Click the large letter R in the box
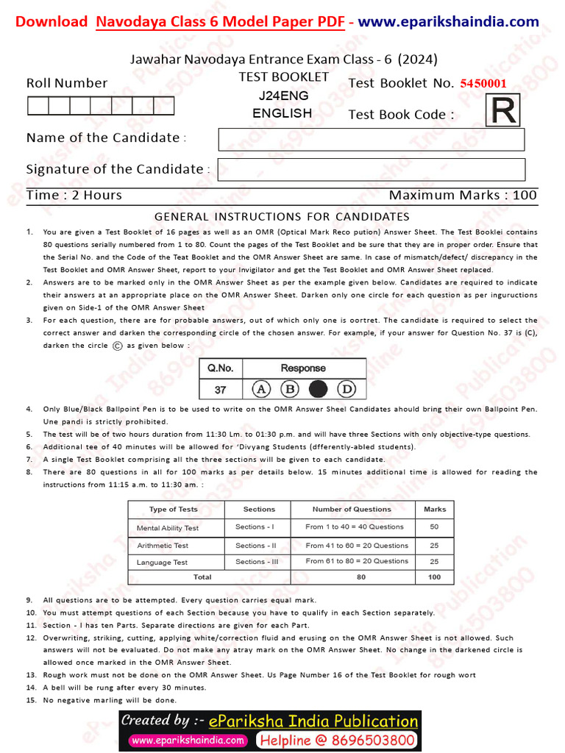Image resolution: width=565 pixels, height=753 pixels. pos(503,113)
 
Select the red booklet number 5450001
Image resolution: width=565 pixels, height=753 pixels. pos(483,83)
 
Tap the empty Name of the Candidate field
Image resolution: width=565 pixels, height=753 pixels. pos(371,139)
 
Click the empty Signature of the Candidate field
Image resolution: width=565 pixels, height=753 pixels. pos(371,169)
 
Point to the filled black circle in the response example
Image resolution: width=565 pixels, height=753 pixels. pos(319,388)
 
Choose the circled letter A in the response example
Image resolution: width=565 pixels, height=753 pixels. pos(261,388)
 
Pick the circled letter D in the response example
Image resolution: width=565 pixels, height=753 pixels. pos(347,388)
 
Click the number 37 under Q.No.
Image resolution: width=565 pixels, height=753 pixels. pos(220,388)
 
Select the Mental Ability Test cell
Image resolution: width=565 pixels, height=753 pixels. pos(168,528)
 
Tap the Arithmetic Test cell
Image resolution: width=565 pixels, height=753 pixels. pos(163,546)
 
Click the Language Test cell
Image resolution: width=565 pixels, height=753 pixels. pos(162,563)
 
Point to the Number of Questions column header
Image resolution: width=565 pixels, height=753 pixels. pos(352,509)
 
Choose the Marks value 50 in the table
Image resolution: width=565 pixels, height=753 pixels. pos(434,527)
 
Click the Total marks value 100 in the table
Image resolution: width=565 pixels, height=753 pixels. pos(434,577)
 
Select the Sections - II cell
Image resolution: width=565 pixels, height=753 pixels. pos(255,546)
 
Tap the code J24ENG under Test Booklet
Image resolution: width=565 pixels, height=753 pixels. pos(283,96)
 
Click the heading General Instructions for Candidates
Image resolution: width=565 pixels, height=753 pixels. pos(282,216)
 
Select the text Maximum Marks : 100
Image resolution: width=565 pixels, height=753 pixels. pos(463,196)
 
